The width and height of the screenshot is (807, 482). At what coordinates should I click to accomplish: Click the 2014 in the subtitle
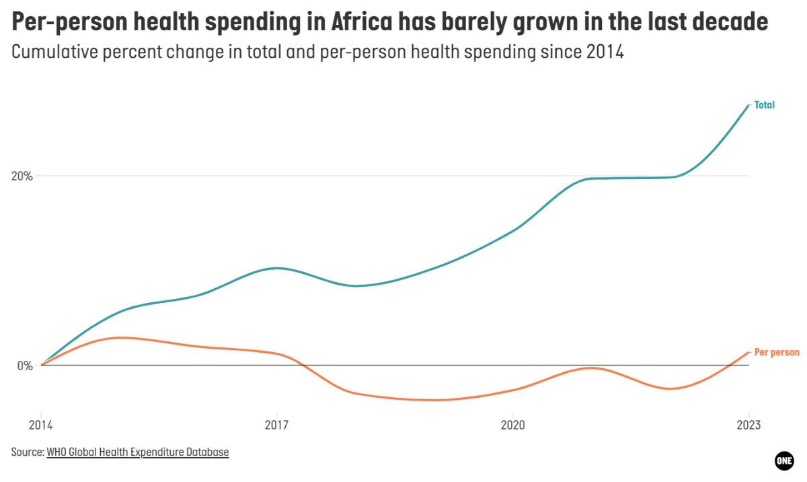[604, 53]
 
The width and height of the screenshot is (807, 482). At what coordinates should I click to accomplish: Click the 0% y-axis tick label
[24, 366]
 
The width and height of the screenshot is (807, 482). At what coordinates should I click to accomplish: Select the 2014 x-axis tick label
[41, 425]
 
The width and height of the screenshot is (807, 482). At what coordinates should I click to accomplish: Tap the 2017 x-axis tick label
[276, 425]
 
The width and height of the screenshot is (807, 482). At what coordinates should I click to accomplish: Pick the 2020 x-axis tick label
[512, 425]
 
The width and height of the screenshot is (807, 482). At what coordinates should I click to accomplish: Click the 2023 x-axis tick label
[748, 425]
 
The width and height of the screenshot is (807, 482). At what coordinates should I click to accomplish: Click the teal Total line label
[764, 105]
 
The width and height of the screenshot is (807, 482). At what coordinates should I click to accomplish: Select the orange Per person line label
[777, 352]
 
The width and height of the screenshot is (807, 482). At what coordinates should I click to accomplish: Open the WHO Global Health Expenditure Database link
[138, 452]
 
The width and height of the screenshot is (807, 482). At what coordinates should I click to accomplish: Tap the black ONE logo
[784, 460]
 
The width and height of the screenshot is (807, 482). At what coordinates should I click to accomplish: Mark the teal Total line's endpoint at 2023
[748, 105]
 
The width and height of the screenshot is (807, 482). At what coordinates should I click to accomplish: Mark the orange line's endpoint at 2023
[748, 352]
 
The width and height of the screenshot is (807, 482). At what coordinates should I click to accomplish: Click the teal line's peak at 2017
[276, 268]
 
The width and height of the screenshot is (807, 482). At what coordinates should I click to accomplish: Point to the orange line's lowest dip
[435, 400]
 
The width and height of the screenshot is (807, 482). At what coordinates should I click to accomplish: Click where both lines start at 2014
[42, 365]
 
